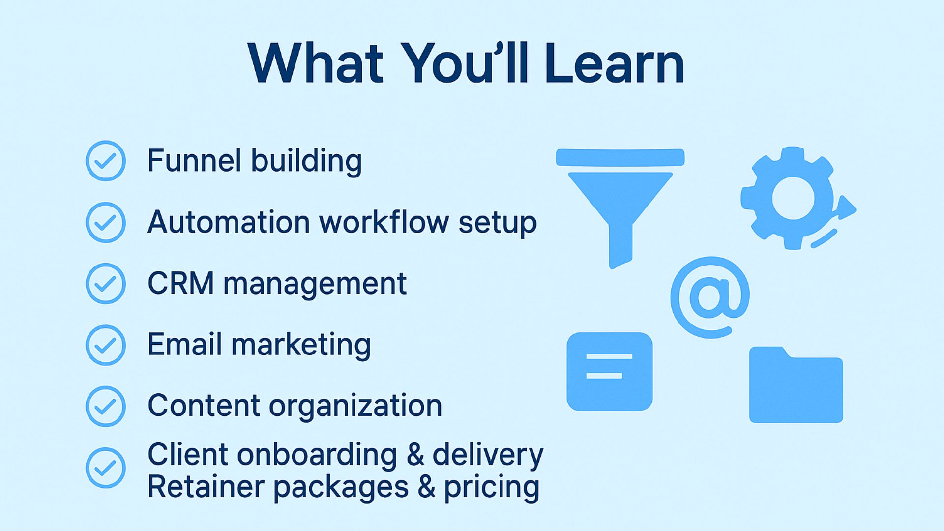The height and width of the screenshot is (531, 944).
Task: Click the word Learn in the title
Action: coord(615,63)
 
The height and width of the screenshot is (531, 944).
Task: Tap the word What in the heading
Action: coord(316,63)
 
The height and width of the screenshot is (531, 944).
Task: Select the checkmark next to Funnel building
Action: coord(106,161)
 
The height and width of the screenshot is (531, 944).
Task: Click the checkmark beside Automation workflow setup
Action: coord(106,222)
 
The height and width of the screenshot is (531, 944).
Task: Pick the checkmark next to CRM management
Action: coord(106,284)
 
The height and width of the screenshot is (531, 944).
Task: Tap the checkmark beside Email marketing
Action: coord(106,345)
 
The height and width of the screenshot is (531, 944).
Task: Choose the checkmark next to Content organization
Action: coord(106,407)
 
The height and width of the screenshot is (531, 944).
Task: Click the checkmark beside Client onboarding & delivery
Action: coord(106,468)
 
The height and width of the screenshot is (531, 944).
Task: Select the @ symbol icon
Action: coord(710,297)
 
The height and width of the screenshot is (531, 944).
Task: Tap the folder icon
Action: coord(796,384)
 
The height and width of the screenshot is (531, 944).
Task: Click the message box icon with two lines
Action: coord(610,372)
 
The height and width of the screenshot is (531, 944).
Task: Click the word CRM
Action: coord(180,284)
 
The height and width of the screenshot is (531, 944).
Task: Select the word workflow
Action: coord(384,222)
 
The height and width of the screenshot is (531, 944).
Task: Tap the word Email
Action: coord(184,344)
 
